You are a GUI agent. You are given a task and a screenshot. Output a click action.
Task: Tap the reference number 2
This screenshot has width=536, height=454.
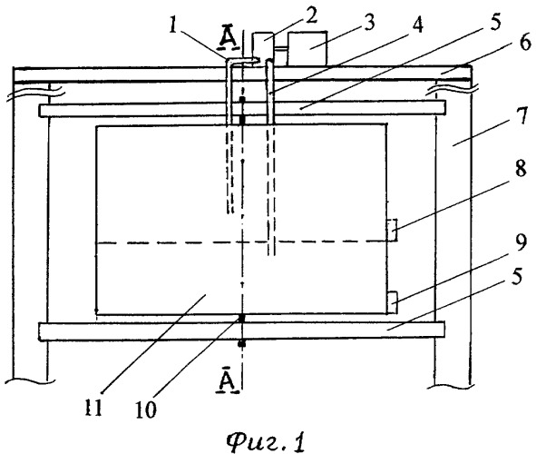click(x=310, y=15)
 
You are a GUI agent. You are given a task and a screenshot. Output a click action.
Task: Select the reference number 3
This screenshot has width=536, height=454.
click(x=368, y=22)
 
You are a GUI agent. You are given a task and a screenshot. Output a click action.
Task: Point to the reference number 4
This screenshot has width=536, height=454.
click(x=416, y=25)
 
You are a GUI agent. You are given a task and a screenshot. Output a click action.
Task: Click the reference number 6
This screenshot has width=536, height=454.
click(x=525, y=43)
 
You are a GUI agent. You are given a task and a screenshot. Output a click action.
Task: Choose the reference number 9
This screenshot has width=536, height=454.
click(x=521, y=242)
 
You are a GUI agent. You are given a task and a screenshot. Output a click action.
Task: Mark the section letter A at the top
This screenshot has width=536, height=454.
click(x=228, y=39)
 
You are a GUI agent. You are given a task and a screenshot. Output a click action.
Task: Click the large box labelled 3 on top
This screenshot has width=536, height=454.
click(x=307, y=49)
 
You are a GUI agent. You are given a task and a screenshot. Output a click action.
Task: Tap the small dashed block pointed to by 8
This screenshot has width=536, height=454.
click(x=392, y=230)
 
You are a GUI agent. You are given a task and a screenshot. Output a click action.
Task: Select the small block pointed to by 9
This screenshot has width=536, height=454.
click(x=392, y=302)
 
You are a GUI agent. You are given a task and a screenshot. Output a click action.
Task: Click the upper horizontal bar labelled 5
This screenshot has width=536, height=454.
click(x=242, y=109)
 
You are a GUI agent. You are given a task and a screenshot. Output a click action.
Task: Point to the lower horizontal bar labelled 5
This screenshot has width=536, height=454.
click(x=241, y=331)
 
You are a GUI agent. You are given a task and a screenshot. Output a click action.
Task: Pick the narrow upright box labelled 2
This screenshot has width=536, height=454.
click(x=262, y=49)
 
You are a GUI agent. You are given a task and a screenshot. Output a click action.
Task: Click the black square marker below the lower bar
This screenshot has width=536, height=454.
click(x=242, y=344)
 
